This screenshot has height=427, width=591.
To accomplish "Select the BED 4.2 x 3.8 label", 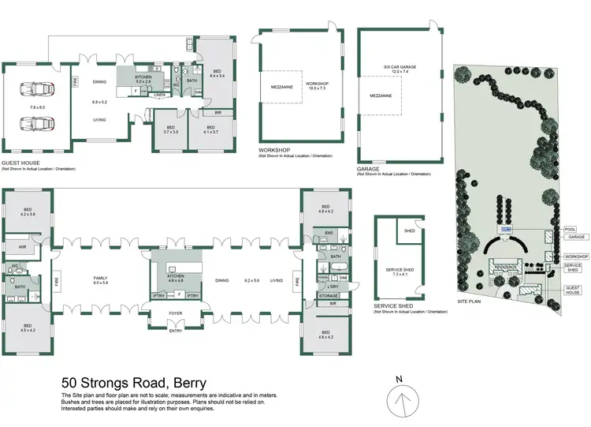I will click(x=28, y=212).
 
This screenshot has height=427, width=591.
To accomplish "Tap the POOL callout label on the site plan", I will click(x=571, y=229).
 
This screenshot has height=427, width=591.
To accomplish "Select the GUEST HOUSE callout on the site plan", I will click(x=573, y=289).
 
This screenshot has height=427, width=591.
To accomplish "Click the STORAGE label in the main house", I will click(x=329, y=296).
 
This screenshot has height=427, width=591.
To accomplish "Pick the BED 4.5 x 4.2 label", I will click(x=28, y=328).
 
